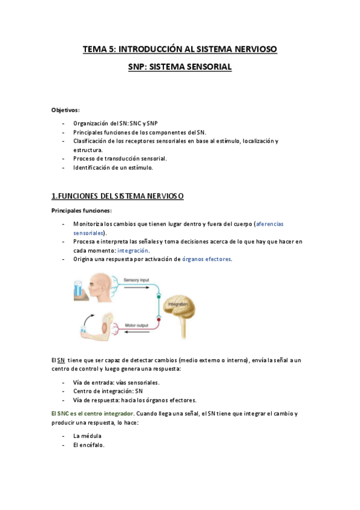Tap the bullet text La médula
[87, 435]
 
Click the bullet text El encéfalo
[89, 445]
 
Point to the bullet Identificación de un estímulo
[113, 167]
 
